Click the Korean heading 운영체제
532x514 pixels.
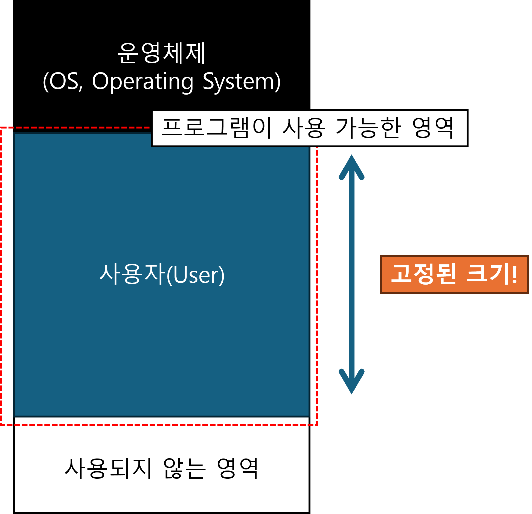click(x=161, y=53)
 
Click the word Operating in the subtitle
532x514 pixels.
click(x=143, y=82)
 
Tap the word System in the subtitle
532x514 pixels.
click(x=238, y=82)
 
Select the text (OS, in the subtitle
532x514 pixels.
click(x=63, y=82)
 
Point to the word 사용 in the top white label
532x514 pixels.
click(x=304, y=128)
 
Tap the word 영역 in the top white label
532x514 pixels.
click(x=433, y=128)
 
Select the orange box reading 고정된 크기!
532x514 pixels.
click(x=454, y=274)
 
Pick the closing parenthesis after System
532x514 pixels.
click(x=277, y=82)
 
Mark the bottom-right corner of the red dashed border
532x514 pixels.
click(x=316, y=425)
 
